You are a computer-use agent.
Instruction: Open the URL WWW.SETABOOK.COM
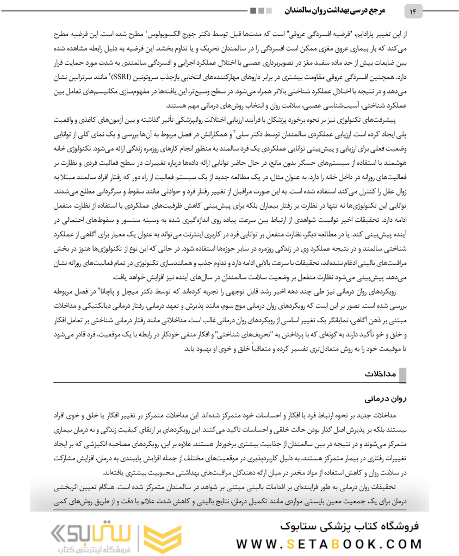click(330, 544)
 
